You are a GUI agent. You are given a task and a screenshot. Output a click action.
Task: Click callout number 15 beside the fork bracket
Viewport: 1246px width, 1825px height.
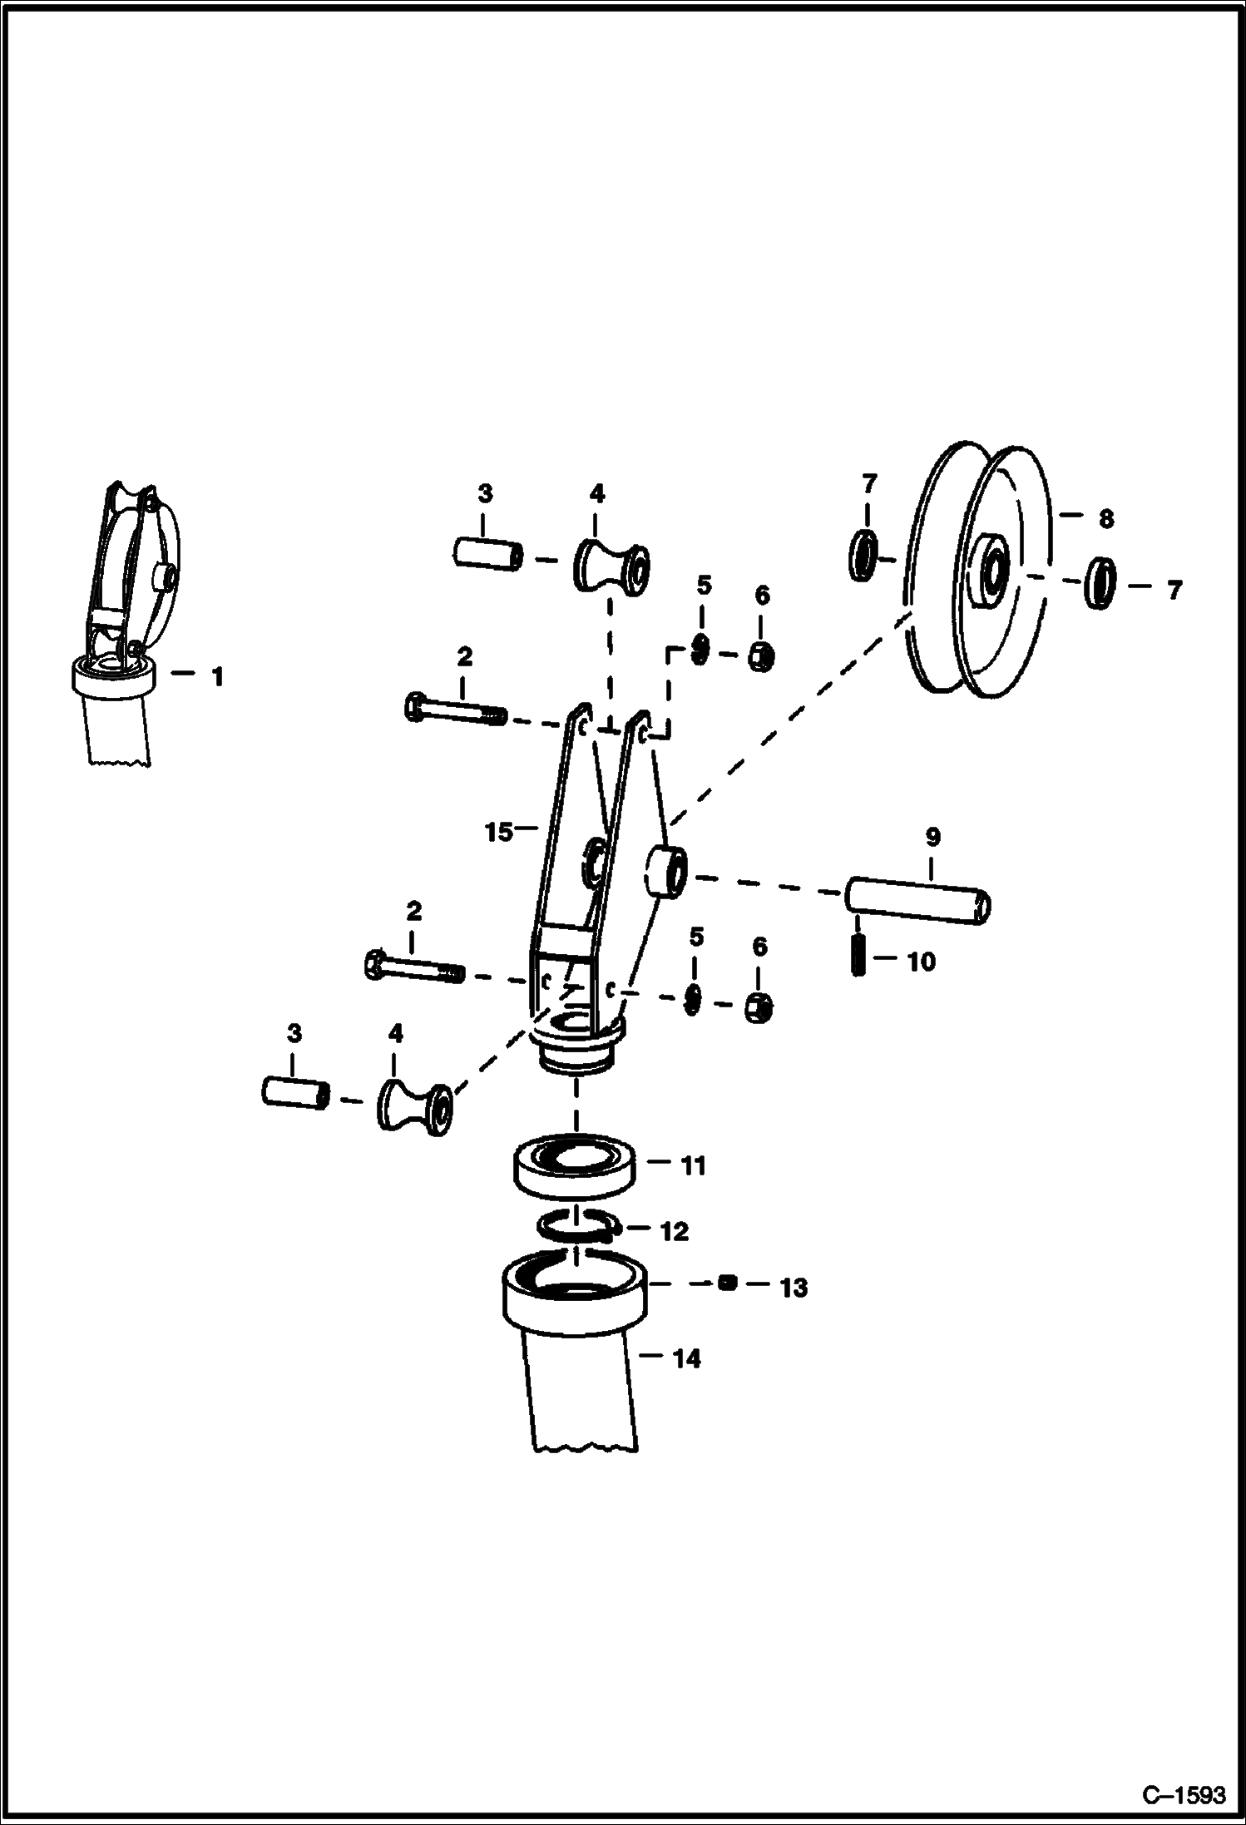tap(498, 831)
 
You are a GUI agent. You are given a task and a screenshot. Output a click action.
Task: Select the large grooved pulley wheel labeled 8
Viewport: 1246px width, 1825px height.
tap(977, 570)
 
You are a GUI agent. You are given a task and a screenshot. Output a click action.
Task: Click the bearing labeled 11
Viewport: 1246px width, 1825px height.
tap(575, 1169)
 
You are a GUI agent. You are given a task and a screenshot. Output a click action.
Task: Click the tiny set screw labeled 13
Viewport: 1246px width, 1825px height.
tap(726, 1283)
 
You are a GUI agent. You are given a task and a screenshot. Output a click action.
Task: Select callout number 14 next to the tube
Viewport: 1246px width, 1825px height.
tap(686, 1359)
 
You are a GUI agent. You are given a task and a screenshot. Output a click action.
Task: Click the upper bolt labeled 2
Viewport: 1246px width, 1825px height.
tap(454, 711)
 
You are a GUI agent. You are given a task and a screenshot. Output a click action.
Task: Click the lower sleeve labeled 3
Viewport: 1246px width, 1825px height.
tap(295, 1092)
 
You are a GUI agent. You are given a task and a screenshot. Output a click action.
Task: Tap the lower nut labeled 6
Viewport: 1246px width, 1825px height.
tap(759, 1008)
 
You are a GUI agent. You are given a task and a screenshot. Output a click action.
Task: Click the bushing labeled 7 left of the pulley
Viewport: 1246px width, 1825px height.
tap(863, 556)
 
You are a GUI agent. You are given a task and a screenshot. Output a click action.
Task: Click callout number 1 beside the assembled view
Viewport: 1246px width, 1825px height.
tap(217, 677)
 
